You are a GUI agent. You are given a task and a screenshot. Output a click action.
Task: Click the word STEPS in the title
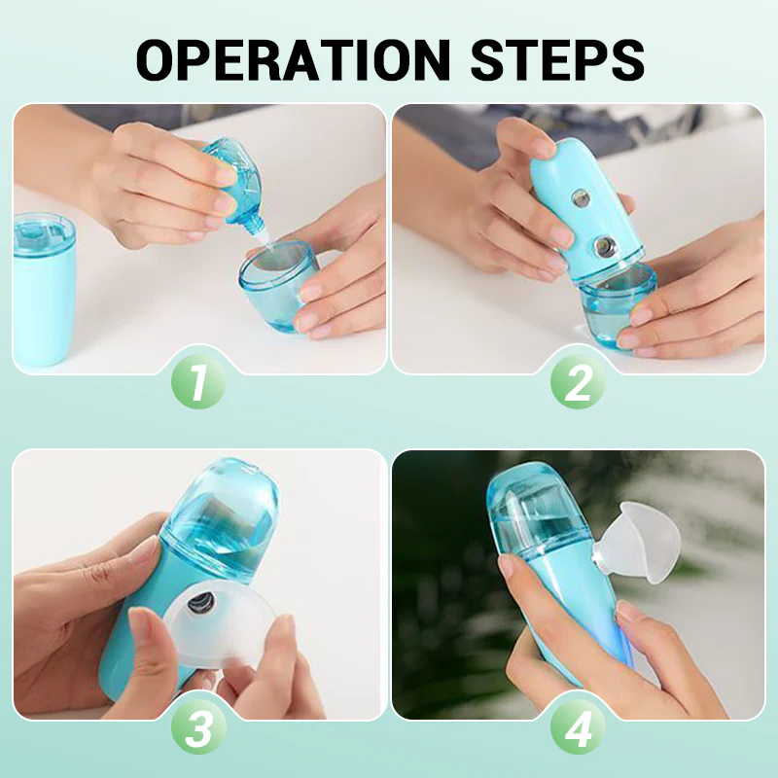pyautogui.click(x=558, y=59)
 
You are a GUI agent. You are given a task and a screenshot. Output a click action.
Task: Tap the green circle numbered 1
pyautogui.click(x=198, y=382)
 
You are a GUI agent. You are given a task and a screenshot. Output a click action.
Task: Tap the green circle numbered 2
pyautogui.click(x=578, y=382)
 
